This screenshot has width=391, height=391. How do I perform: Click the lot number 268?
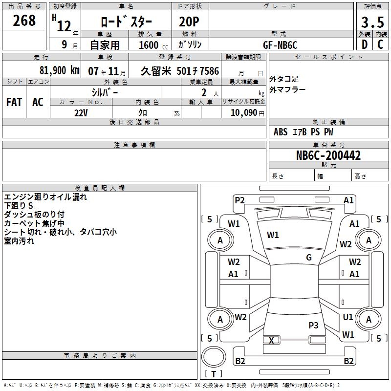pyautogui.click(x=24, y=21)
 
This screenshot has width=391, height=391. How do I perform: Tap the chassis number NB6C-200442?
pyautogui.click(x=328, y=155)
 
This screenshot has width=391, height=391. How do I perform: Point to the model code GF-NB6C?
pyautogui.click(x=280, y=44)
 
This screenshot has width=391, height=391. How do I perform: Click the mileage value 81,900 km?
pyautogui.click(x=59, y=71)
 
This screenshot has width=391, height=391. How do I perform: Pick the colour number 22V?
pyautogui.click(x=81, y=112)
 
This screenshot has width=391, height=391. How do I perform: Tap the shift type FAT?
pyautogui.click(x=14, y=102)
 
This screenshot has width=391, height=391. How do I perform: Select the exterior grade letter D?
pyautogui.click(x=364, y=44)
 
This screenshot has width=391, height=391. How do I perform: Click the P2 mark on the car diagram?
pyautogui.click(x=239, y=200)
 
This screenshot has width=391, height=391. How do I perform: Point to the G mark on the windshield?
pyautogui.click(x=309, y=258)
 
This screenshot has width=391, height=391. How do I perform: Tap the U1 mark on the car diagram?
pyautogui.click(x=348, y=317)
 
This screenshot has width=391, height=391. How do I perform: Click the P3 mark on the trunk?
pyautogui.click(x=313, y=325)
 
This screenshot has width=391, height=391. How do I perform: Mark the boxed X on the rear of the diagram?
pyautogui.click(x=272, y=340)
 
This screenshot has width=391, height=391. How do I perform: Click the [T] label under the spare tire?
pyautogui.click(x=213, y=374)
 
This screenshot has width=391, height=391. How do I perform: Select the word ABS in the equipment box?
pyautogui.click(x=281, y=132)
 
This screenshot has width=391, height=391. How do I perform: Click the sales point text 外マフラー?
pyautogui.click(x=287, y=90)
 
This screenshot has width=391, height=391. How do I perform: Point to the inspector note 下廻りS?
pyautogui.click(x=19, y=206)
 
